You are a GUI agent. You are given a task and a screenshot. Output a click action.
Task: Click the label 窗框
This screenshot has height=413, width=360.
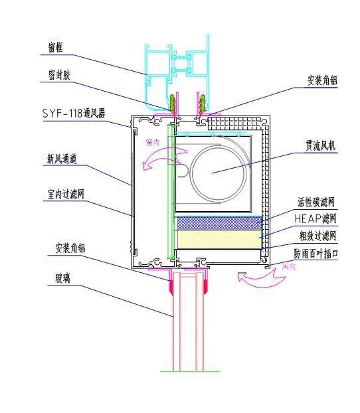(x=55, y=47)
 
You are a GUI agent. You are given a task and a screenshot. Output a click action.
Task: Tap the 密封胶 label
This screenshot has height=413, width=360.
(x=59, y=75)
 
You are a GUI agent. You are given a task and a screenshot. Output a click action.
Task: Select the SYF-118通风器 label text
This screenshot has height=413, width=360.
(x=74, y=114)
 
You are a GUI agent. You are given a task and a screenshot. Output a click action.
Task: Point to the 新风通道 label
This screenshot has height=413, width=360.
(x=62, y=159)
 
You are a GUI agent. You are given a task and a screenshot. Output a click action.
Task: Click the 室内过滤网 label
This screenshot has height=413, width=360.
(x=66, y=194)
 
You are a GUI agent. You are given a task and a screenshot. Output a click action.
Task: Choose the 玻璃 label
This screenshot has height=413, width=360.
(x=62, y=278)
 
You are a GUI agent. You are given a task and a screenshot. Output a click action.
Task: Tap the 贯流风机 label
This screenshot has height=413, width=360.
(x=320, y=145)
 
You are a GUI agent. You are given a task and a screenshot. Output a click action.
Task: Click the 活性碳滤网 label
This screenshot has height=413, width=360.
(x=316, y=203)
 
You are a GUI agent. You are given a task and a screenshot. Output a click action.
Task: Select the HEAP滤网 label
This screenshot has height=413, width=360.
(x=315, y=218)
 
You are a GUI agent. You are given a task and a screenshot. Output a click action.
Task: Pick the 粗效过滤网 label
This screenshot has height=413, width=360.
(x=317, y=236)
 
